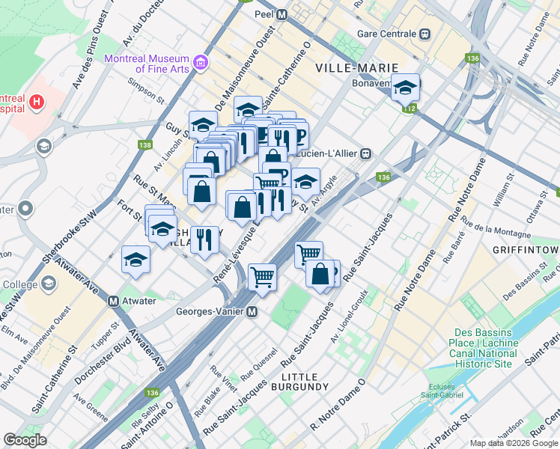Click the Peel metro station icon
pos(282,14)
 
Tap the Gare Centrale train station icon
pos(425,34)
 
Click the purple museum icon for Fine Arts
pos(200,62)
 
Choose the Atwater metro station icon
pos(114,301)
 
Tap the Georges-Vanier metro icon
pos(253,311)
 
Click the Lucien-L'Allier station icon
pos(366,153)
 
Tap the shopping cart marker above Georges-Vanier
pos(263,277)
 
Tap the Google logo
pos(25,440)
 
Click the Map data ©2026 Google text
pos(514,443)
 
